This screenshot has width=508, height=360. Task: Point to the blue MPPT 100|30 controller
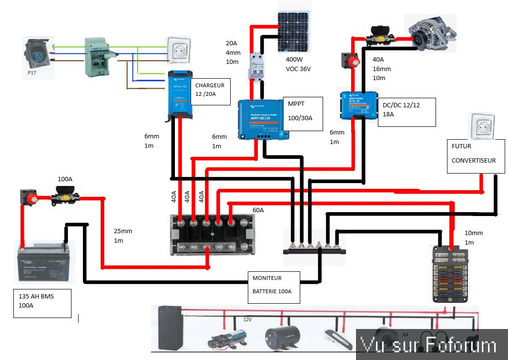[x=263, y=119]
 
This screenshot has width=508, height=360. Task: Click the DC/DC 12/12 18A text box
[x=406, y=113]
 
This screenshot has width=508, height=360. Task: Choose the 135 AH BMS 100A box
[x=42, y=303]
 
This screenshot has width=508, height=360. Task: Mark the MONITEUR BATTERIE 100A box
[x=274, y=287]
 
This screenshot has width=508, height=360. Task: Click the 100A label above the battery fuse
[x=65, y=179]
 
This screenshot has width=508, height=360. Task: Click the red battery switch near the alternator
[x=349, y=60]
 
